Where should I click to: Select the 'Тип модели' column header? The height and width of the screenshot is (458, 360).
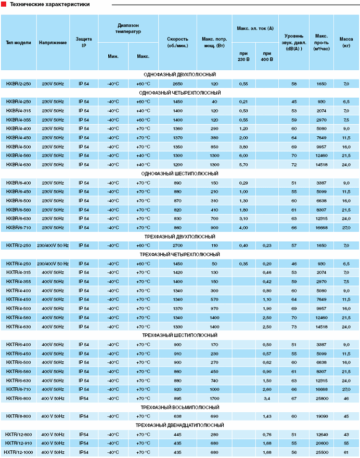(x=19, y=42)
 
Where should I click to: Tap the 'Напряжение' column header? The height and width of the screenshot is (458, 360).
(x=53, y=42)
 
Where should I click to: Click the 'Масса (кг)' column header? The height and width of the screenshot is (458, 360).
(x=346, y=42)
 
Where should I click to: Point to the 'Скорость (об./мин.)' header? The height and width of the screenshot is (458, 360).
(x=177, y=42)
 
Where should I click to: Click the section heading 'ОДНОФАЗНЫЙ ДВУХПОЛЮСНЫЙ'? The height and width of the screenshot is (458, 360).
(x=179, y=75)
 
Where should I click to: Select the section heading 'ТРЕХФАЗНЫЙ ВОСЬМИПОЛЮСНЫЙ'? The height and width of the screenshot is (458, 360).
(x=179, y=407)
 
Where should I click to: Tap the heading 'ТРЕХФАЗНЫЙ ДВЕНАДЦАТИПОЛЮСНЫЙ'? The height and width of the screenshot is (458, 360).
(x=179, y=425)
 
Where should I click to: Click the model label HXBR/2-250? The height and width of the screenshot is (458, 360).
(x=19, y=84)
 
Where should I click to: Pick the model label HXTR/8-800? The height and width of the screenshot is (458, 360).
(x=19, y=416)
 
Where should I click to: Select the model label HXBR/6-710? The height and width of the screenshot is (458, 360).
(x=19, y=228)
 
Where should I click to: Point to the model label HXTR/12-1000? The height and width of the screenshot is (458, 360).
(x=19, y=452)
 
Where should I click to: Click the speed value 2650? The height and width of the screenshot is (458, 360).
(x=177, y=84)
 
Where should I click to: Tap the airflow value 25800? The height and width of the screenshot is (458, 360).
(x=321, y=398)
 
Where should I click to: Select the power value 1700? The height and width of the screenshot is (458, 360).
(x=214, y=398)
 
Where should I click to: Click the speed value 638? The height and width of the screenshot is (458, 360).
(x=177, y=416)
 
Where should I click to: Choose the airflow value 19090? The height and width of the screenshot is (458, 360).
(x=321, y=416)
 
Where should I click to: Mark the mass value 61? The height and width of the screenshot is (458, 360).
(x=346, y=452)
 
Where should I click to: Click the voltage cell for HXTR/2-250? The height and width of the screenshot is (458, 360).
(x=53, y=245)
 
